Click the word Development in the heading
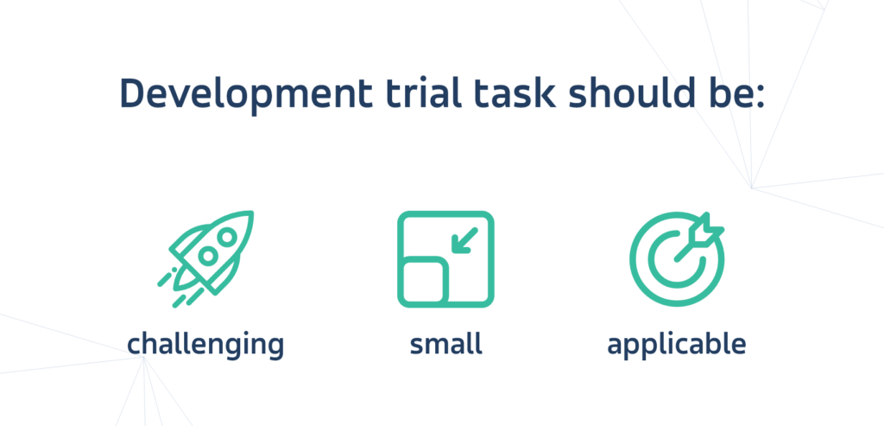246,95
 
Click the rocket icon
205,259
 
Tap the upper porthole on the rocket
227,238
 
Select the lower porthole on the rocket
208,257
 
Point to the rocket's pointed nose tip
251,213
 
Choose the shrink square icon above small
445,259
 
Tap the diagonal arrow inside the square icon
465,240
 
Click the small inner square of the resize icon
425,281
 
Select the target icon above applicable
677,259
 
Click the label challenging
205,345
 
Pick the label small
446,344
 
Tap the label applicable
677,345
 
